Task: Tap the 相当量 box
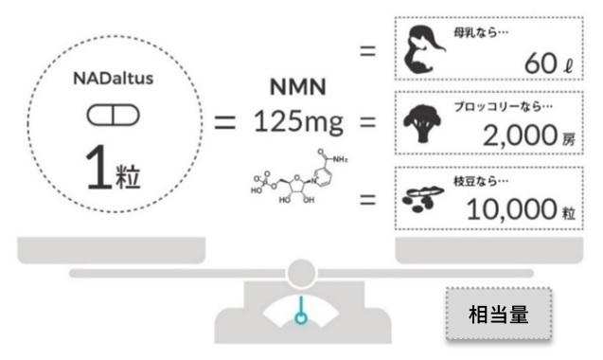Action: pos(499,315)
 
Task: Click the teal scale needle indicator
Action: pos(300,314)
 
